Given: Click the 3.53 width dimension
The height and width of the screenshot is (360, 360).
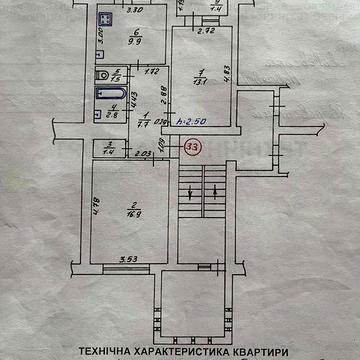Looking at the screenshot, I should click(x=125, y=258).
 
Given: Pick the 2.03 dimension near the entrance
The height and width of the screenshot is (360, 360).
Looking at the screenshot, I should click(x=144, y=153).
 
